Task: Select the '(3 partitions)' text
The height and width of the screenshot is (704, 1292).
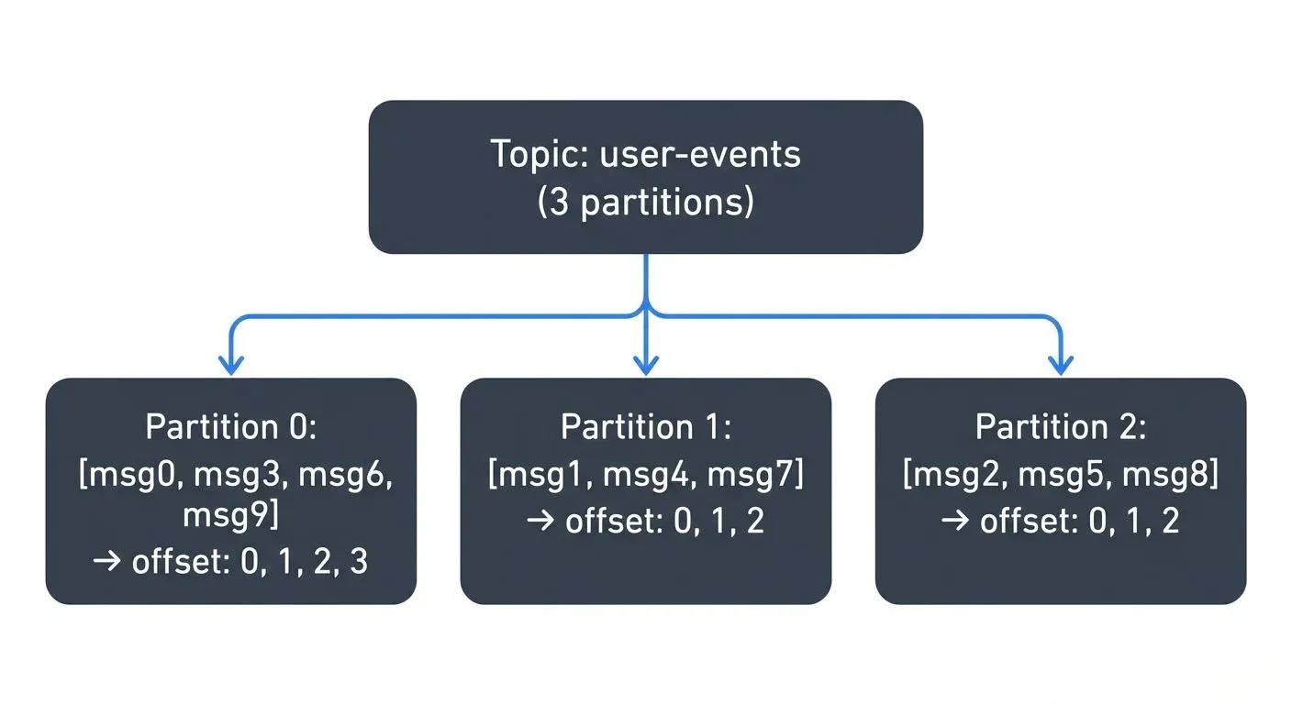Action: pos(645,202)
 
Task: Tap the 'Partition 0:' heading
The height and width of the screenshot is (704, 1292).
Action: pos(230,427)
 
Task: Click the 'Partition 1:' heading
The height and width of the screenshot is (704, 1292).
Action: pos(645,427)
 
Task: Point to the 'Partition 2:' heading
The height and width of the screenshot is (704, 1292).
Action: pos(1061,427)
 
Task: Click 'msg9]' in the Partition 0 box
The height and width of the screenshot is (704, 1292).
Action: pos(230,515)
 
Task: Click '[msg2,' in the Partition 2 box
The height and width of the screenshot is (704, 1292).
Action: pos(951,475)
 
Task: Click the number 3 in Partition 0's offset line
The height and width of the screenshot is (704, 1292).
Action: pos(359,562)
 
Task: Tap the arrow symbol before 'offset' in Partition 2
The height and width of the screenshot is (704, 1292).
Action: pos(956,522)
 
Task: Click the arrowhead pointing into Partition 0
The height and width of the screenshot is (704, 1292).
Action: pos(230,365)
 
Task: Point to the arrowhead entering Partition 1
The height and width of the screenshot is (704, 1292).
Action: pos(646,365)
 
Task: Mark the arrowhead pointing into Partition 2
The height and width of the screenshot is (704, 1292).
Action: pos(1061,365)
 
